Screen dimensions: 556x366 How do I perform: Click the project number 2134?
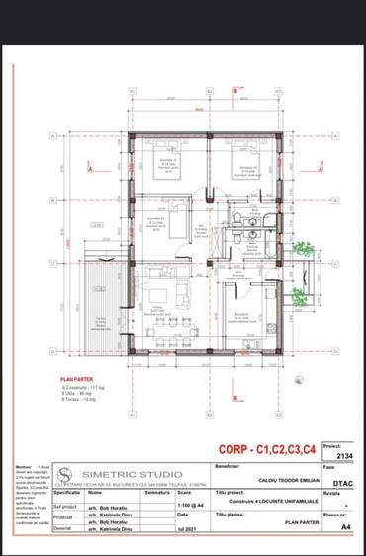coord(345,456)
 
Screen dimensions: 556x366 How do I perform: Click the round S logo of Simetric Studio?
coord(66,472)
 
